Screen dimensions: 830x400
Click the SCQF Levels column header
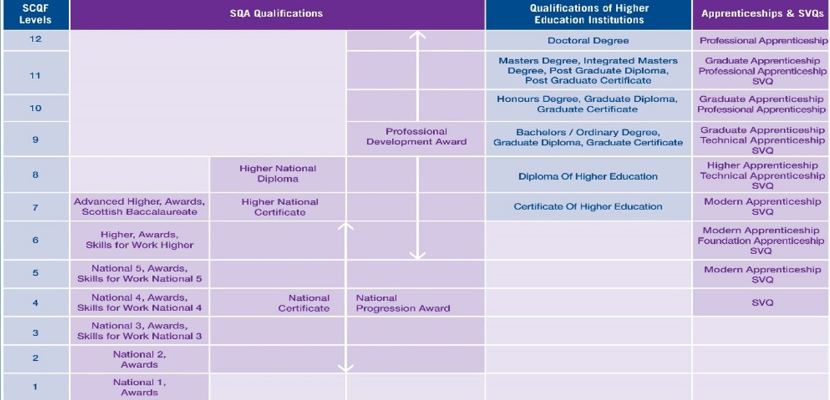click(36, 14)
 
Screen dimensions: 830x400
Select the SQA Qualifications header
click(277, 13)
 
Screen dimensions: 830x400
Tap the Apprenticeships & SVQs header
click(763, 13)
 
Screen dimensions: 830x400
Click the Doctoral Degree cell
click(588, 40)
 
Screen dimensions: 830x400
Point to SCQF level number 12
click(36, 39)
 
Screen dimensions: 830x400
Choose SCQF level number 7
click(36, 208)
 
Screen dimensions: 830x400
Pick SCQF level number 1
click(36, 387)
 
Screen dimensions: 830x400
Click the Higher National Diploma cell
click(277, 173)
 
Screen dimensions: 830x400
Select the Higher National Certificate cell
click(280, 207)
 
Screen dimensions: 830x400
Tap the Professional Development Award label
click(416, 137)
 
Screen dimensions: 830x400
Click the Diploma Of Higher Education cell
click(588, 176)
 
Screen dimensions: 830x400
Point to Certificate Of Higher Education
click(588, 206)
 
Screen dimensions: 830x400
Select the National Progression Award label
click(403, 303)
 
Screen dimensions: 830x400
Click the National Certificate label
click(304, 303)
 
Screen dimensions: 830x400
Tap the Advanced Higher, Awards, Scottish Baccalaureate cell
click(140, 206)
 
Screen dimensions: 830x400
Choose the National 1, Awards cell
click(140, 387)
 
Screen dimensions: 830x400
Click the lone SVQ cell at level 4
click(763, 303)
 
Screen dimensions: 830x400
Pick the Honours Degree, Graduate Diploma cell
click(587, 104)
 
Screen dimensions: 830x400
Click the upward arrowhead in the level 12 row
click(417, 35)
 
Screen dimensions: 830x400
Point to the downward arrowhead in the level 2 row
click(346, 368)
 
